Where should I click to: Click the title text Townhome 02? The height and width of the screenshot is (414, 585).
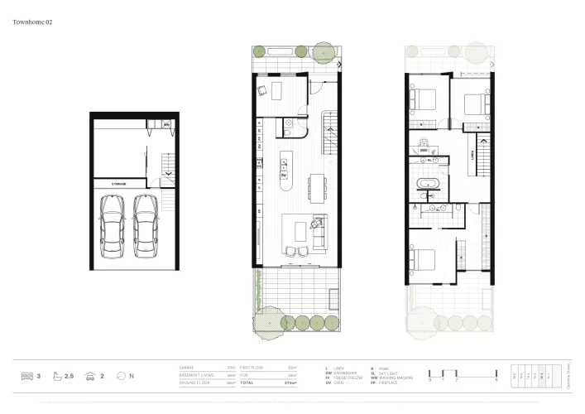pyautogui.click(x=33, y=22)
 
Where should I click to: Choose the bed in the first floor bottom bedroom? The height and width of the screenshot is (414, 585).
pyautogui.click(x=427, y=262)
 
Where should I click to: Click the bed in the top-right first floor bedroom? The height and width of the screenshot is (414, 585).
pyautogui.click(x=472, y=106)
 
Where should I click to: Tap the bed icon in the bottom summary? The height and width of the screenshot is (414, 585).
pyautogui.click(x=26, y=376)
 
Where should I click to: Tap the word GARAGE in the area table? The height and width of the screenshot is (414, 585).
pyautogui.click(x=188, y=367)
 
